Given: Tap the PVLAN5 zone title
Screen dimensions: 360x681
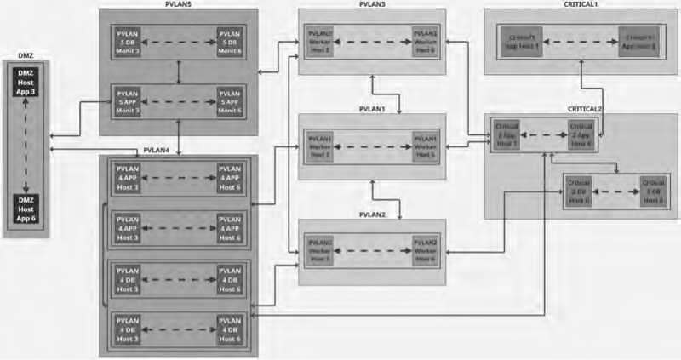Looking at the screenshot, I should click(179, 4).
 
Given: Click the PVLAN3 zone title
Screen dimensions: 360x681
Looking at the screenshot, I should click(372, 5).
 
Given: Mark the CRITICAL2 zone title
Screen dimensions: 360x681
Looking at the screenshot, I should click(585, 109).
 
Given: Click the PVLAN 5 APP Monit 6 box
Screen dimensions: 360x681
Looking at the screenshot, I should click(231, 100).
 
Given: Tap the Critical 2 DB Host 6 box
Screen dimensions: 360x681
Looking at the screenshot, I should click(579, 194).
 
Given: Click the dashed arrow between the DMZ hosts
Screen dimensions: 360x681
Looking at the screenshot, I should click(26, 147).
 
